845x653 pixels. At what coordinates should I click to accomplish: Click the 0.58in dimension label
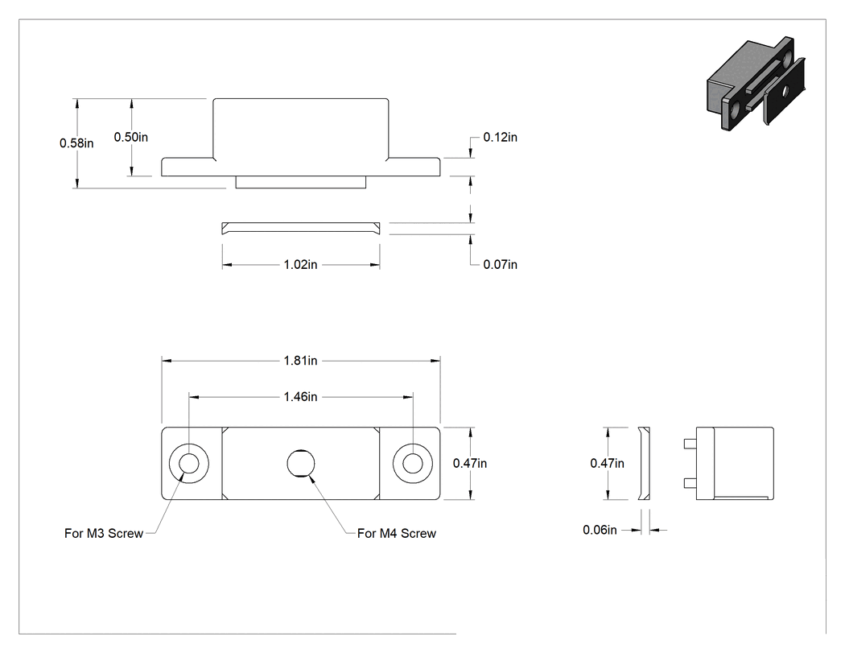point(76,143)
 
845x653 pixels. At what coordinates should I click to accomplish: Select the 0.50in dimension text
point(131,138)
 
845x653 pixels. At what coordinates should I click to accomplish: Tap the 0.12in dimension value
point(500,138)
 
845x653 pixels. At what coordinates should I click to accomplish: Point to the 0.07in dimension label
point(500,265)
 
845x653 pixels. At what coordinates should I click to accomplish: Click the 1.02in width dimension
point(301,265)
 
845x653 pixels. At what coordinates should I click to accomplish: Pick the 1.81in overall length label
point(301,361)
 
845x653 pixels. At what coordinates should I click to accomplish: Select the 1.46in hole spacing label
point(301,397)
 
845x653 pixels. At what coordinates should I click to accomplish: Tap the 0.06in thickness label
point(600,530)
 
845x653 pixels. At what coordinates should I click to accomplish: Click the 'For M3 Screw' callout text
point(104,533)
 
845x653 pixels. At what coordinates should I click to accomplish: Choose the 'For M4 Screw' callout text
point(397,533)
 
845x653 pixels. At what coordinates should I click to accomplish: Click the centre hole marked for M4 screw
point(301,464)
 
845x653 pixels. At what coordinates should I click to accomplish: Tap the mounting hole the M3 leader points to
point(188,464)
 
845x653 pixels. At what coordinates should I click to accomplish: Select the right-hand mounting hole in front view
point(413,464)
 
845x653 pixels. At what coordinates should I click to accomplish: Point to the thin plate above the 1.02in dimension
point(301,229)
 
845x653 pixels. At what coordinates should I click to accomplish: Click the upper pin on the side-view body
point(689,444)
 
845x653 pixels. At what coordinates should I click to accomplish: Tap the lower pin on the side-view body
point(689,482)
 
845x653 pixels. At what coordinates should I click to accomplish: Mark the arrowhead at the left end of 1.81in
point(167,361)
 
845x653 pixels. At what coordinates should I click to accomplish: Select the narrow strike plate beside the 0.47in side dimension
point(645,464)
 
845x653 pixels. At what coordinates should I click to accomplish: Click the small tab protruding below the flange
point(301,182)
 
